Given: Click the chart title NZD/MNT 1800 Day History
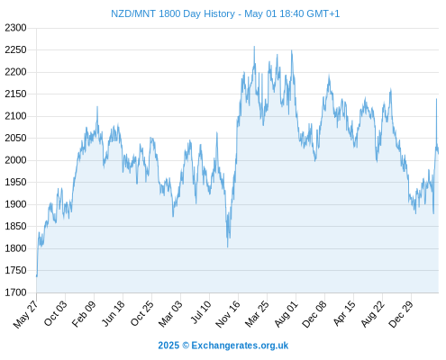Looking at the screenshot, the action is (x=173, y=13).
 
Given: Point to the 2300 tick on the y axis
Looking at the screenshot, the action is (x=15, y=28).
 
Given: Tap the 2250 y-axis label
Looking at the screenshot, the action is (x=15, y=49).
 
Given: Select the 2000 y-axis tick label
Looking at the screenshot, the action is (x=15, y=160).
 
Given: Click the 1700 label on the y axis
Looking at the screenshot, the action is (x=15, y=292).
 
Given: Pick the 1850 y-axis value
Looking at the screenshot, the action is (x=15, y=226).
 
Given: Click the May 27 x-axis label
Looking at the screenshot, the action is (x=26, y=313).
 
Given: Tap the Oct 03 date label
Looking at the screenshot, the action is (x=56, y=313).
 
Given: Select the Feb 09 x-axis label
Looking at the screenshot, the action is (x=84, y=313).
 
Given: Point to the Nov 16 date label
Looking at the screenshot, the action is (x=228, y=313).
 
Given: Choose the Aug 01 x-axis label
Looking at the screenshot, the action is (x=287, y=313).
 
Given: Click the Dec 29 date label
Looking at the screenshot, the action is (x=401, y=313).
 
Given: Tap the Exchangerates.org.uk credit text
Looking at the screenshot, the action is (x=240, y=346).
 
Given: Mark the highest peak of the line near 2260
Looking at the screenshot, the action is (x=254, y=47).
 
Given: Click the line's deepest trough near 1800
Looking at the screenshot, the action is (x=228, y=247).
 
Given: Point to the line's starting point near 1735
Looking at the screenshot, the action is (x=37, y=276).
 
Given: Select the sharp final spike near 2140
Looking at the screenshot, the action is (x=436, y=99).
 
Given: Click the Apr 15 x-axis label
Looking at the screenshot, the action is (x=344, y=313).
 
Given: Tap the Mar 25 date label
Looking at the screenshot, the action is (x=257, y=313).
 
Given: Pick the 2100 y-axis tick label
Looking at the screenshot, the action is (x=15, y=116).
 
